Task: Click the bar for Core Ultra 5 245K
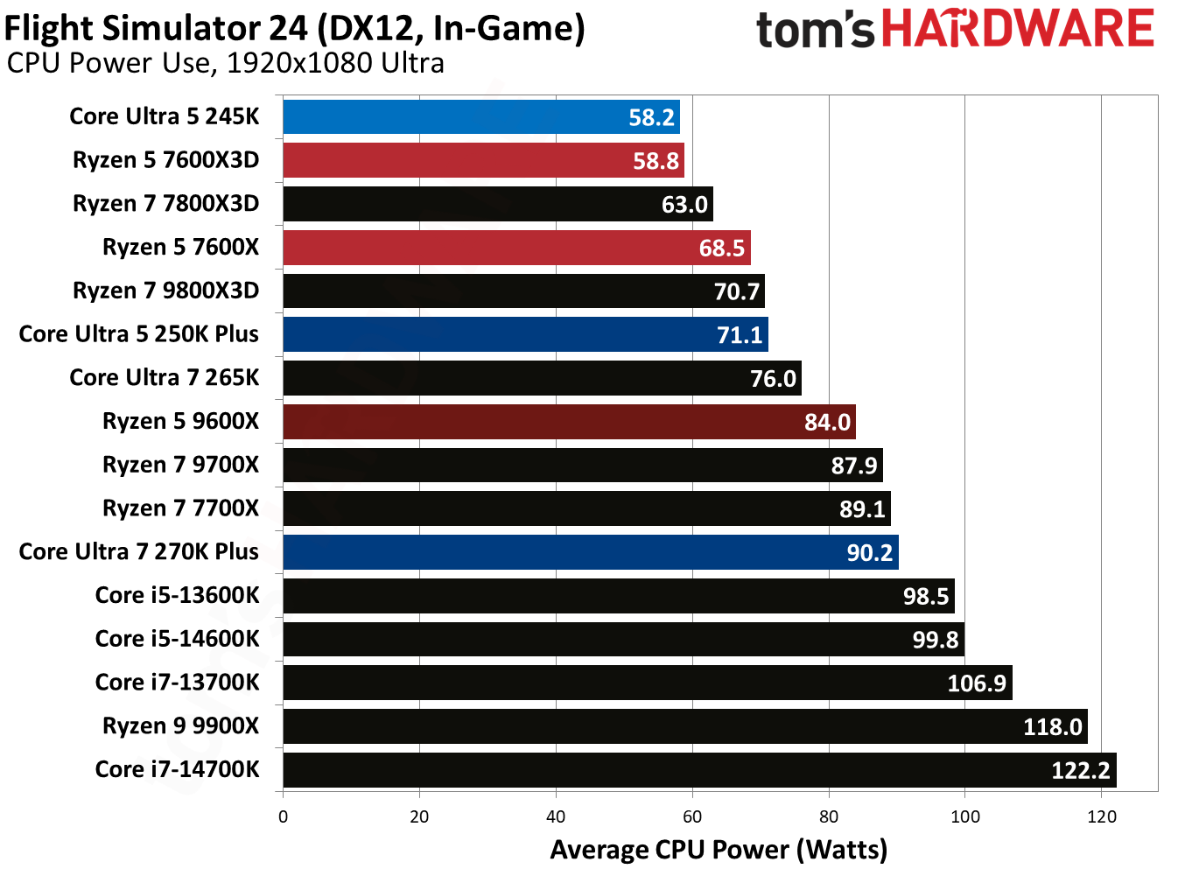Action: (x=480, y=117)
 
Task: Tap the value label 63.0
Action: (x=684, y=205)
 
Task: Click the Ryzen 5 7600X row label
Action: (x=180, y=247)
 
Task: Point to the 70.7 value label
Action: (x=736, y=291)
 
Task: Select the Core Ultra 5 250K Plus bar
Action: (x=525, y=334)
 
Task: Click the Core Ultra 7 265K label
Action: (x=164, y=377)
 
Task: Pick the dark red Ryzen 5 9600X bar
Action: (x=569, y=422)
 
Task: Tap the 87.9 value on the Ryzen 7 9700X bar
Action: (x=853, y=466)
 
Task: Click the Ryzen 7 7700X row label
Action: (x=180, y=508)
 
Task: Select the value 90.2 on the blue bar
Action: (x=869, y=553)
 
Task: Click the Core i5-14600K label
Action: (x=177, y=639)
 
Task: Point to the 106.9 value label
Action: (x=976, y=683)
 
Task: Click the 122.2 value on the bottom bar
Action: (x=1080, y=770)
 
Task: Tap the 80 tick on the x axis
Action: (x=828, y=816)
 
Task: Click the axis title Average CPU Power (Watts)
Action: (x=719, y=850)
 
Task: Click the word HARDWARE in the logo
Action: (x=1017, y=29)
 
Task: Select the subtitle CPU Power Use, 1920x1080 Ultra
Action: (x=225, y=64)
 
